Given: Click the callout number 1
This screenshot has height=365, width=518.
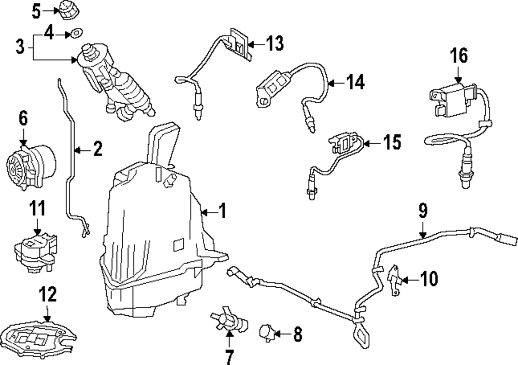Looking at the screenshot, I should [x=221, y=212].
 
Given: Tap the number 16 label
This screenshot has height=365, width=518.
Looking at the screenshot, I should [x=459, y=55].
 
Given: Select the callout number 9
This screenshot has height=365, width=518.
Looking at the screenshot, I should [x=423, y=210].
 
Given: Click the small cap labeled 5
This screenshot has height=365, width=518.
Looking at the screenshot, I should [x=66, y=10].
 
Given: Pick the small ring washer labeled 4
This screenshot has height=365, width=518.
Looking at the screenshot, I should [x=76, y=33].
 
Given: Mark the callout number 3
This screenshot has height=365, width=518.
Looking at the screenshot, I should [x=20, y=47].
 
